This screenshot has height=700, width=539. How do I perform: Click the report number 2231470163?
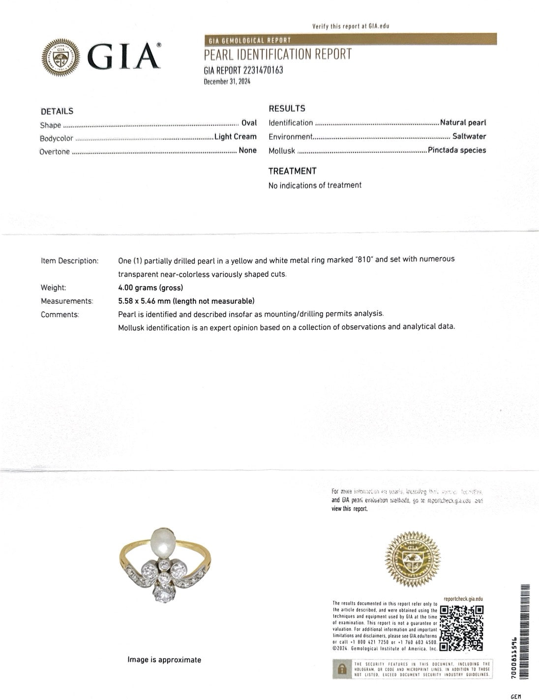click(x=243, y=70)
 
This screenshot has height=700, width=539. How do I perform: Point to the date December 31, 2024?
click(x=227, y=82)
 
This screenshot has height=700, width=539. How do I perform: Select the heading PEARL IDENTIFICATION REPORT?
click(x=278, y=55)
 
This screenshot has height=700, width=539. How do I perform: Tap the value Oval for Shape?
click(x=249, y=123)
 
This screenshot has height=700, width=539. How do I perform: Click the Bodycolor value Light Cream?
click(x=235, y=137)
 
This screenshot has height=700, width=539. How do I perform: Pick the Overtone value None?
click(x=247, y=150)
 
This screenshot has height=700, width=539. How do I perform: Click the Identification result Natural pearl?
click(x=463, y=122)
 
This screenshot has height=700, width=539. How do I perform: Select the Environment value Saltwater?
click(x=469, y=136)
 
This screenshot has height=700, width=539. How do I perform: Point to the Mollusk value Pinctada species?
click(x=456, y=150)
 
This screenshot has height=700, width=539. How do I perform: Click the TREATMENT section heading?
click(x=292, y=171)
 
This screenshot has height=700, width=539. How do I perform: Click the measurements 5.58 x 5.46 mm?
click(x=186, y=301)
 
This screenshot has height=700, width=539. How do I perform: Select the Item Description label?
click(x=69, y=261)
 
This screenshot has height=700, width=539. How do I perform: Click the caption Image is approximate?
click(x=164, y=660)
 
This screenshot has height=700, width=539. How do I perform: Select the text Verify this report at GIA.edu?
click(x=350, y=26)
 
